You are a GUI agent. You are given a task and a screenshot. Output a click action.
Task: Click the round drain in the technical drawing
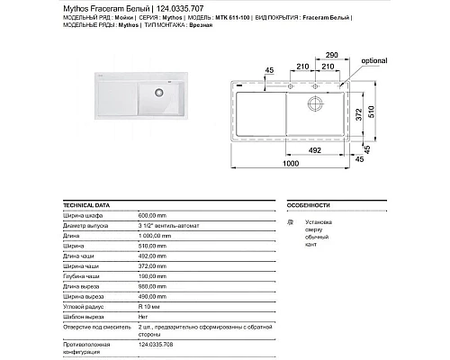(316, 100)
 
